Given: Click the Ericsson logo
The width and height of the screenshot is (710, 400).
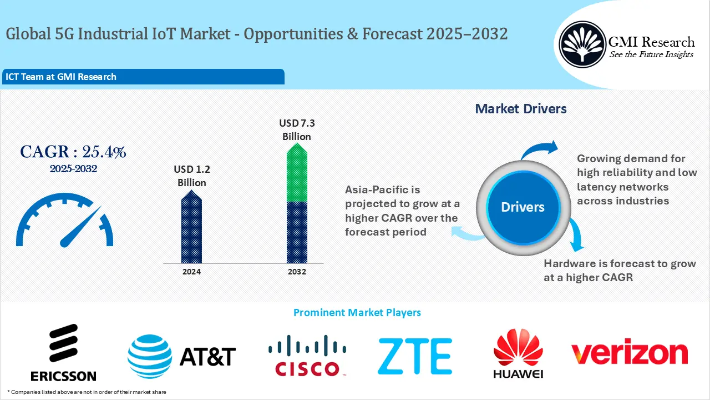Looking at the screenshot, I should tap(63, 353).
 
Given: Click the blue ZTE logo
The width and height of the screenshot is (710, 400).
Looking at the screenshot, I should tap(414, 356).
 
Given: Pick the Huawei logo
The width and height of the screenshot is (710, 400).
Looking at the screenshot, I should tap(518, 353).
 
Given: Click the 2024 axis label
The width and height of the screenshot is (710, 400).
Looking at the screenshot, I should tap(191, 272).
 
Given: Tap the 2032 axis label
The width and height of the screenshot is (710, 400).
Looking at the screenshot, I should tap(297, 272).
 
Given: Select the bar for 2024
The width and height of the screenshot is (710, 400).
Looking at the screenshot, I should tap(191, 228).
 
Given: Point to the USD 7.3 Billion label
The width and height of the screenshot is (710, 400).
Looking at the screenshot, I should tap(297, 130).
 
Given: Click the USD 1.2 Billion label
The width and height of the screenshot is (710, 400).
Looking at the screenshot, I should tap(191, 176).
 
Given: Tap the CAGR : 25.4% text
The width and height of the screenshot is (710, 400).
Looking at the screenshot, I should tap(73, 152).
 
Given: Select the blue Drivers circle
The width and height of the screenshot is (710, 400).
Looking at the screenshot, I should tap(523, 207).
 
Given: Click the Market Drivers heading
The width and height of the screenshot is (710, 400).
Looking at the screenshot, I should tap(521, 109).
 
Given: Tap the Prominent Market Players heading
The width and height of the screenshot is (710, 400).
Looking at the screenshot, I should tap(357, 313).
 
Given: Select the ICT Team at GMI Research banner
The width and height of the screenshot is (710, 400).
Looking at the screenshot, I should tap(143, 77).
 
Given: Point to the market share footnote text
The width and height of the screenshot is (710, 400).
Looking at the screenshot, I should tap(87, 392).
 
